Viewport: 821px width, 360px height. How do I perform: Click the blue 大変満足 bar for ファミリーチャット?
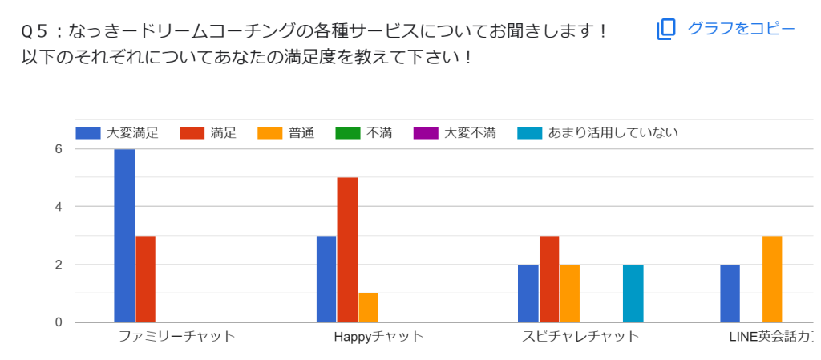click(124, 236)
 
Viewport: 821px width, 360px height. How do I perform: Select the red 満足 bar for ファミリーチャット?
click(145, 279)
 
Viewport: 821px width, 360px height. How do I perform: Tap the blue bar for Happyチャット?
click(326, 279)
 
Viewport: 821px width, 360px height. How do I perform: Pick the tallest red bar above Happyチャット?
click(347, 249)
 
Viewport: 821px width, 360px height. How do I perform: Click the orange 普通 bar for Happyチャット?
click(368, 308)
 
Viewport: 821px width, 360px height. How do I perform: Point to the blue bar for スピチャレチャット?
click(528, 293)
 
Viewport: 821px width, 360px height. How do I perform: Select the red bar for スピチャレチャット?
click(549, 279)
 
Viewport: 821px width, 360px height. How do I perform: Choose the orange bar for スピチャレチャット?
click(570, 293)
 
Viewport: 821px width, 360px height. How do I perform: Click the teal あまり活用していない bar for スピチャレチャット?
click(633, 293)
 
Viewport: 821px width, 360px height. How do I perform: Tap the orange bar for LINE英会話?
click(772, 279)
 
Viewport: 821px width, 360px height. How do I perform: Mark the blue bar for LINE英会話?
click(730, 293)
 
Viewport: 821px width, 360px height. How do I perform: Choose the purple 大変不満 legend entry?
click(455, 133)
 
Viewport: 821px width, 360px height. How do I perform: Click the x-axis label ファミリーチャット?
click(176, 336)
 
